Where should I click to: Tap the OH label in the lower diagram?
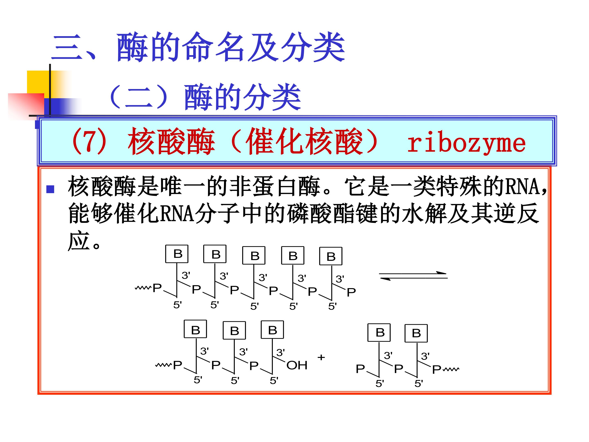[x=297, y=365]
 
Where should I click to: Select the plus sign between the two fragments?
[x=321, y=357]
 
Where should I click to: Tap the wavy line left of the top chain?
[x=143, y=288]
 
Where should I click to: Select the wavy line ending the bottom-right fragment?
[x=451, y=369]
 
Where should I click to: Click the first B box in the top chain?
[x=177, y=254]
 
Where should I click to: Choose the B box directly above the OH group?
[x=272, y=330]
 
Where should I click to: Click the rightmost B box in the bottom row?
[x=416, y=333]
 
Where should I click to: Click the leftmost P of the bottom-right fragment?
[x=360, y=369]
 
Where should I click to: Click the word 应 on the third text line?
[x=79, y=241]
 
